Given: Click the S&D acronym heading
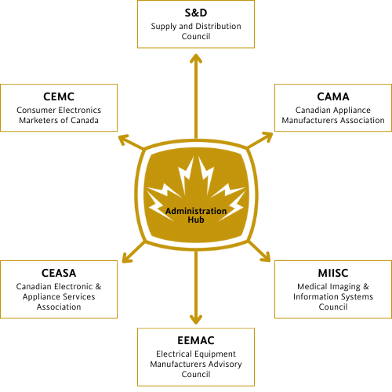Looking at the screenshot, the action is point(196,13).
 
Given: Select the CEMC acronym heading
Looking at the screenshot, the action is point(59,96).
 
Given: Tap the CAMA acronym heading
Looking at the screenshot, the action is point(333,96).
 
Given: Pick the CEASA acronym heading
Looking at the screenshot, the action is point(59,273).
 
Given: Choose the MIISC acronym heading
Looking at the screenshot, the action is point(333,273).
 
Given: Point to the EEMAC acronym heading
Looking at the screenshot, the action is point(196,340).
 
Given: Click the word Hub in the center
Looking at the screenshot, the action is point(196,220).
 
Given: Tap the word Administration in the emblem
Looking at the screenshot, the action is point(196,211).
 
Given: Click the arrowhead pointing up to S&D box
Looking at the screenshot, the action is point(196,58).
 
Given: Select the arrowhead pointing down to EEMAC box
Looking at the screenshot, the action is point(196,320).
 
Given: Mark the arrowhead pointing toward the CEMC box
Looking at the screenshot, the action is point(124,139).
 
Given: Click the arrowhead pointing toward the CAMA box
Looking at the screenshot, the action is point(267,136).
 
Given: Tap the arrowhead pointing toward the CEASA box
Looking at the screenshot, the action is point(127,258).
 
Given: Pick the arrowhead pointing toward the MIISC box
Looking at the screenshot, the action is point(266,257).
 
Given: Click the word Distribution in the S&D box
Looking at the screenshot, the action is point(218,26).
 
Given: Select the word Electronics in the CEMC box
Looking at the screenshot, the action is point(79,110).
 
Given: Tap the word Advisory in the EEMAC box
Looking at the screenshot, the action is point(225,365).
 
